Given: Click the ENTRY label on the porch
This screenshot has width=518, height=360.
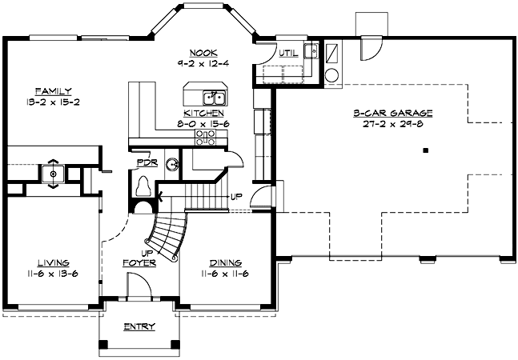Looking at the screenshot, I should pos(139,326).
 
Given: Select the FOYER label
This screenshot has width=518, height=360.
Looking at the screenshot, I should pos(138,262).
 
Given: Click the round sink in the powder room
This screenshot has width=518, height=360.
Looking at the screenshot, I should pos(172,165).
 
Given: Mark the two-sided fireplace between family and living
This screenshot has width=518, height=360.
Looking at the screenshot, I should pos(53,172).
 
